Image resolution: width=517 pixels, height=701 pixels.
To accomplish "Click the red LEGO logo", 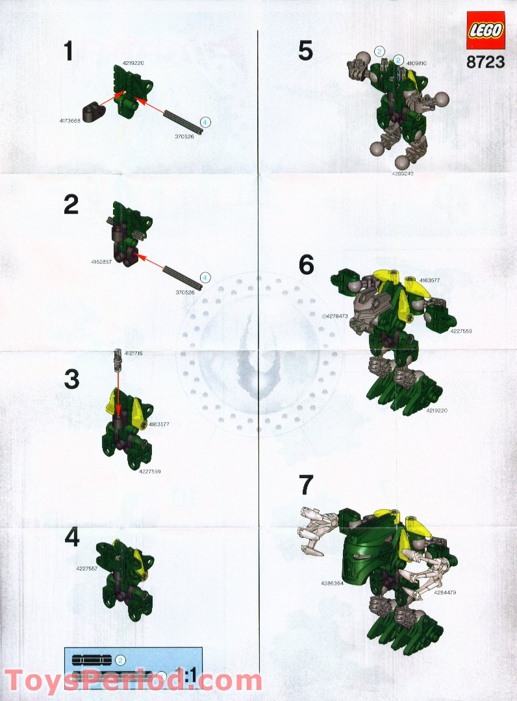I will coord(485,31).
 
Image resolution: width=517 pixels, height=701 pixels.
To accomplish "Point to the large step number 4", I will coord(72,538).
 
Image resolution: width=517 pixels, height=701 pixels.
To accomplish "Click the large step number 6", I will coord(306,264).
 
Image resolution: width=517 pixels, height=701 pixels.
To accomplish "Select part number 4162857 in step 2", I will coord(102,261).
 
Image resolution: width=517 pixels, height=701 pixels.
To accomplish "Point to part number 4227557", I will coord(86,568).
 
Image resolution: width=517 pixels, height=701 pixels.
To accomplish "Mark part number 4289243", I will coord(402,174).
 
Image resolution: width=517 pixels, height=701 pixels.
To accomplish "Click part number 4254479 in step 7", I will coord(446,592).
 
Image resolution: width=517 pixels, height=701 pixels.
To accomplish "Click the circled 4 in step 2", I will coord(205,277).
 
